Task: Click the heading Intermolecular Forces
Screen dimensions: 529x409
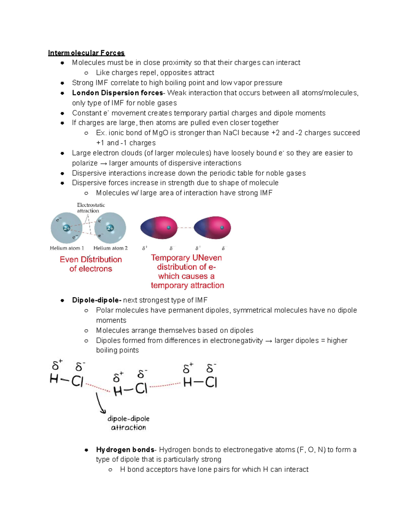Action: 86,53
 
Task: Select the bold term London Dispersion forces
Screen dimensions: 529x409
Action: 117,93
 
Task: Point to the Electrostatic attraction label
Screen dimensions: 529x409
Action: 91,208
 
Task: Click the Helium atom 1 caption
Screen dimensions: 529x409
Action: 67,248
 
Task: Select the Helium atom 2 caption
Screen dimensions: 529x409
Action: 110,248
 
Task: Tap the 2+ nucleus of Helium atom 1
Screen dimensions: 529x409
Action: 67,228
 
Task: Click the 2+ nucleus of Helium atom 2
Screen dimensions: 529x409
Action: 110,228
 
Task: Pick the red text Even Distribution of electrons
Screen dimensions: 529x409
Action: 91,264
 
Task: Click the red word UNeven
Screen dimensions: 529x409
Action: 207,258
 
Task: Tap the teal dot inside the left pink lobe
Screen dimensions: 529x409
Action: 168,228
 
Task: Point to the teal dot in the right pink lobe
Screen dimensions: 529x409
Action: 222,228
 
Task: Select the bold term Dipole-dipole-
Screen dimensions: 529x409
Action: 97,300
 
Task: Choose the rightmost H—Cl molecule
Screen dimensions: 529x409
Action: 200,382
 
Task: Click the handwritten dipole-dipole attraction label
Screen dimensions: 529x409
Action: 128,423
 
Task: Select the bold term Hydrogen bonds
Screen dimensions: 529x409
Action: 125,450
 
